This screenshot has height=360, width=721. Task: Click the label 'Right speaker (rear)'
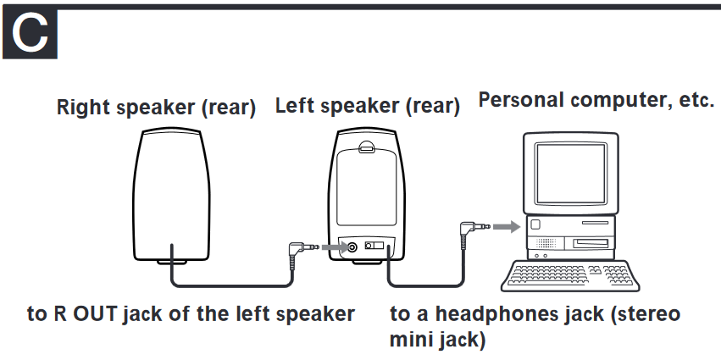(x=156, y=108)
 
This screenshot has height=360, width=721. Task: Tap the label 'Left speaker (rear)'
(x=368, y=107)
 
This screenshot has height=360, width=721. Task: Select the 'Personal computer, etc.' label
(x=596, y=99)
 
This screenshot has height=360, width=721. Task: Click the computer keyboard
(x=568, y=273)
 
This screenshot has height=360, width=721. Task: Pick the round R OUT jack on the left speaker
(x=351, y=247)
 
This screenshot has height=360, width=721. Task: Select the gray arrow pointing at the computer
(x=504, y=227)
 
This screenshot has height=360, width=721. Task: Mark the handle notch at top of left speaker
(x=365, y=147)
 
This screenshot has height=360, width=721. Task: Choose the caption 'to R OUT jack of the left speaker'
(x=191, y=313)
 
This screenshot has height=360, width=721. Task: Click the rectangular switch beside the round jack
(x=374, y=247)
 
